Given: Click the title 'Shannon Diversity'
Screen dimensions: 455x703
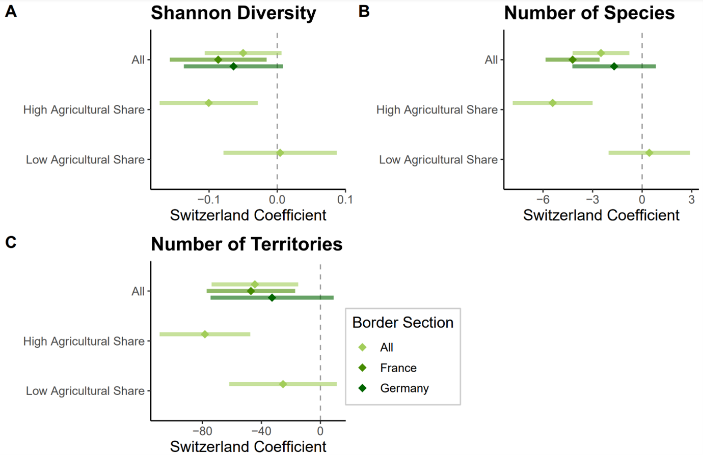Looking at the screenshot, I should (x=233, y=13).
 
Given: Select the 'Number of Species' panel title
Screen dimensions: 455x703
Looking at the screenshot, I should (x=589, y=13).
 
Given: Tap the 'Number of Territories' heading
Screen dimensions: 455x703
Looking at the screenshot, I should (x=247, y=244).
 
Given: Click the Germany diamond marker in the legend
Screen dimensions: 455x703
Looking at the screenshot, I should (x=363, y=388).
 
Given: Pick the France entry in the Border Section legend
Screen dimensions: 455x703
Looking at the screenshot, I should (x=398, y=367).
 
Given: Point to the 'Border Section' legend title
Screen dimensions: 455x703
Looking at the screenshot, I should (x=402, y=323).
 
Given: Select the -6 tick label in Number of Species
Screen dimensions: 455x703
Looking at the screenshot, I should (x=543, y=200).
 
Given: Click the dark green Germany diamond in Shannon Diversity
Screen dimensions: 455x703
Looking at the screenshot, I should (x=233, y=66).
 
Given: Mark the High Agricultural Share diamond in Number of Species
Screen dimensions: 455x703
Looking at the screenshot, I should (x=553, y=103).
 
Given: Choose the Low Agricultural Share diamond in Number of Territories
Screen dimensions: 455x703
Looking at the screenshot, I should (x=283, y=384).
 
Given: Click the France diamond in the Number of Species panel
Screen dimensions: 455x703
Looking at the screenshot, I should (x=573, y=60).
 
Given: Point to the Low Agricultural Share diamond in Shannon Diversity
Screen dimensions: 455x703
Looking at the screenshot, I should (x=280, y=153).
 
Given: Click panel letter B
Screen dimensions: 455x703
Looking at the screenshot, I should (x=364, y=11).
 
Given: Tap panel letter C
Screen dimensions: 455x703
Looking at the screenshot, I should (x=11, y=242).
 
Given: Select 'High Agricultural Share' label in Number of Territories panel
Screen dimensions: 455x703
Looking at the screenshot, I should (x=84, y=341).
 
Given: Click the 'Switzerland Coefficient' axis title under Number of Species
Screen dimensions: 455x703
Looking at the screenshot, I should (x=601, y=215).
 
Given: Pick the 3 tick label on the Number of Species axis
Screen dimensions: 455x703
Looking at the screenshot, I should (x=691, y=200).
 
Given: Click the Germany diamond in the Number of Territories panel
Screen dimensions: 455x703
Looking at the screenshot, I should (x=272, y=298).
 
